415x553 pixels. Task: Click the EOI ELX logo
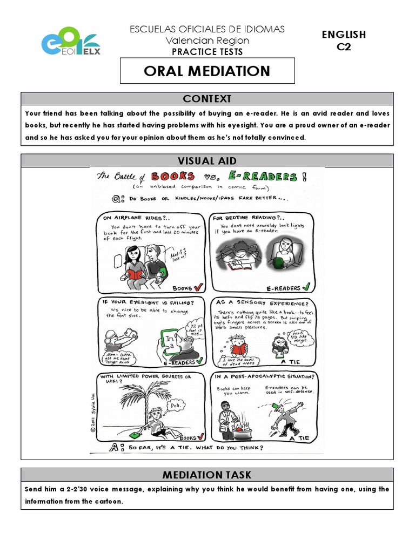pos(71,40)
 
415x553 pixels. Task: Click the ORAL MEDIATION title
pos(207,71)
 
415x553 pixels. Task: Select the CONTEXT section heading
pos(207,99)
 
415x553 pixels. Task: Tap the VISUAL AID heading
pos(207,160)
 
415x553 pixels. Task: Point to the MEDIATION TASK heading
pos(207,475)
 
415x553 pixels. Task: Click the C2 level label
pos(344,46)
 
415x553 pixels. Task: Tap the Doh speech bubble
pos(175,405)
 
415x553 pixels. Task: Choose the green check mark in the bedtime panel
pos(306,288)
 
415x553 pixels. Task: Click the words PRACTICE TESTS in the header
pos(207,52)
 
